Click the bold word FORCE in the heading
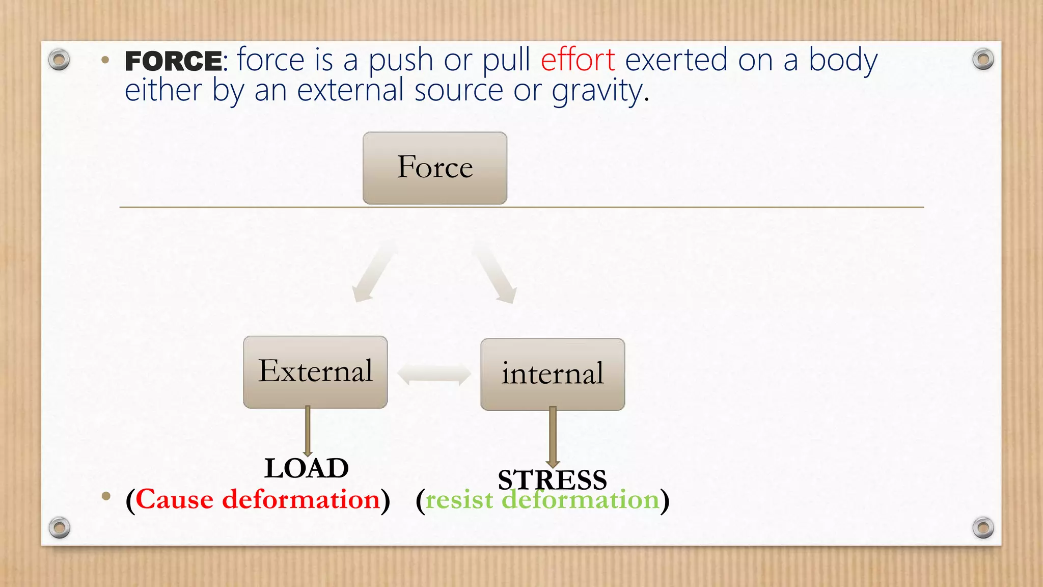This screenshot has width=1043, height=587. coord(173,61)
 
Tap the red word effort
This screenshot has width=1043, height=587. coord(578,60)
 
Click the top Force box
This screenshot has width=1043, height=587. coord(435,168)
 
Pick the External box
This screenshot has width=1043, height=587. coord(315,371)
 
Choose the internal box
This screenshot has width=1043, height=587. coord(553,374)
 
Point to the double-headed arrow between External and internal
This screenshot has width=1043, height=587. coord(434,375)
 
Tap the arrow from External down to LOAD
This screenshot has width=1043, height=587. coord(308,431)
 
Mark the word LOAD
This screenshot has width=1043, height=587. coord(307,468)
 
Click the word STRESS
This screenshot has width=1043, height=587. coord(552,479)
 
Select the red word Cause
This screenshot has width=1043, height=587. coord(175,499)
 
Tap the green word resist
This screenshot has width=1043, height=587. coord(459,500)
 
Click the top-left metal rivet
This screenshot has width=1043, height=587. coord(59,60)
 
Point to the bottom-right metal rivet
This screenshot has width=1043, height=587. coord(983,527)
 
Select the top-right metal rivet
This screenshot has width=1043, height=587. coord(983,60)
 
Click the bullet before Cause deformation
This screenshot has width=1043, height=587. coord(106,496)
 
